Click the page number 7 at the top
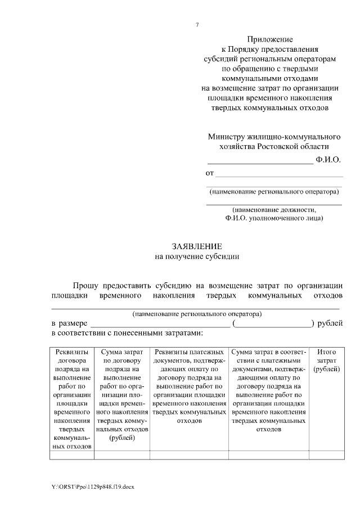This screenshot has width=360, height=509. [197, 25]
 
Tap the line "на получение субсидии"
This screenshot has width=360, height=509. [197, 256]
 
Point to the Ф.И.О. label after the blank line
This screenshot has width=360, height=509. [328, 160]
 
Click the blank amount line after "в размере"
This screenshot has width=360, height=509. [160, 325]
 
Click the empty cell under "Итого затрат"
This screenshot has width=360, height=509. [326, 456]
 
